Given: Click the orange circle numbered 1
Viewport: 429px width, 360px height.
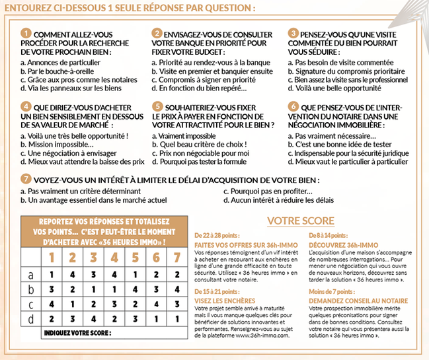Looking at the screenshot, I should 25,32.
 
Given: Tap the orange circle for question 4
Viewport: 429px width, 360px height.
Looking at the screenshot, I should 25,106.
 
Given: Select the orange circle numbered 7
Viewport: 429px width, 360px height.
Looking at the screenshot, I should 25,178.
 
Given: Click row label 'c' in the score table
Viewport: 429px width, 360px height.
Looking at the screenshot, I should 30,304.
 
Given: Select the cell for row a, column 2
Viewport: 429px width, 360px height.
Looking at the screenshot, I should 73,275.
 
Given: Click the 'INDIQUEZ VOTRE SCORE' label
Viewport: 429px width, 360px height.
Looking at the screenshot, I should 77,334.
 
